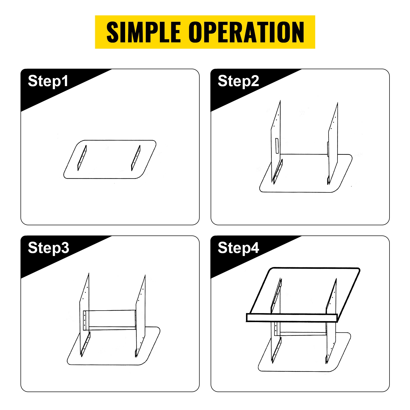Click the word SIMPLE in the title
[143, 32]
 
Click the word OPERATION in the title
[247, 32]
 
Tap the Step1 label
[48, 81]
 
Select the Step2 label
[238, 81]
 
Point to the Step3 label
[48, 248]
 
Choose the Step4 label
[238, 248]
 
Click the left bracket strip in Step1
[82, 158]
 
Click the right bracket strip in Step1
[136, 158]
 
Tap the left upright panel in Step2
[276, 141]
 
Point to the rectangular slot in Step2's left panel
[277, 146]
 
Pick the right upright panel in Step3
[140, 315]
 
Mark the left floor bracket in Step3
[86, 344]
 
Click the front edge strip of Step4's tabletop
[292, 318]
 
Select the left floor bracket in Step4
[277, 350]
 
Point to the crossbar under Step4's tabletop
[303, 334]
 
